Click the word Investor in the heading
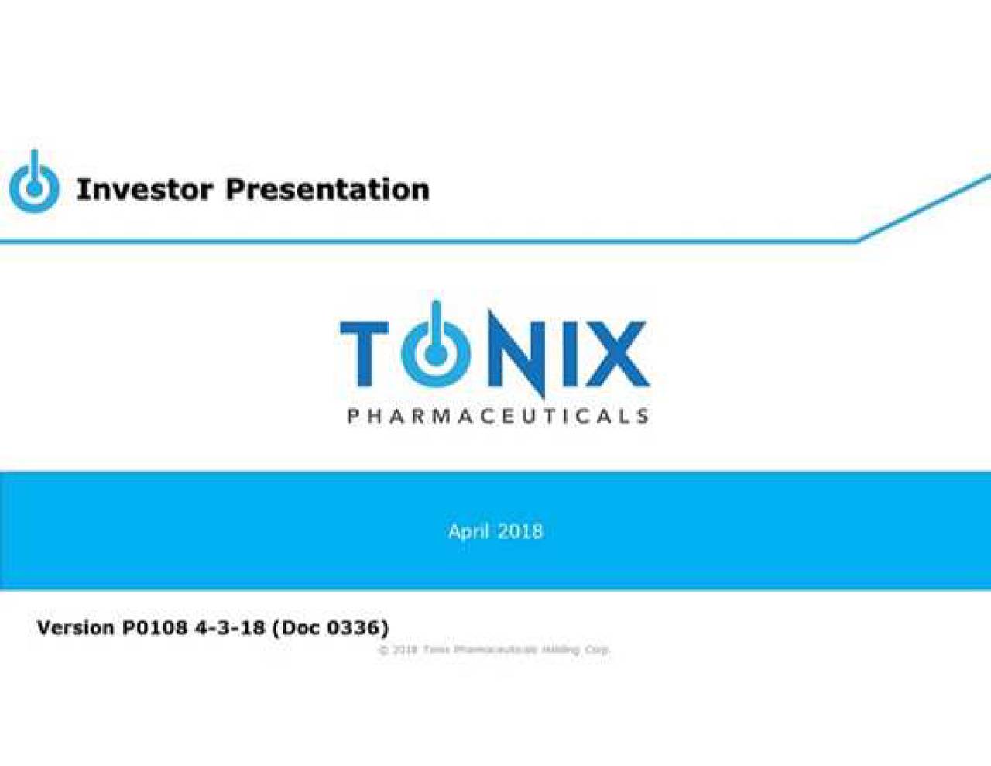(144, 189)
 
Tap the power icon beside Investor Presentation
(34, 184)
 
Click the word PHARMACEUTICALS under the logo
(497, 417)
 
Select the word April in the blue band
(468, 531)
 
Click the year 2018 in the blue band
(520, 531)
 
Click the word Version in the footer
(75, 627)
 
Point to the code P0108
(155, 627)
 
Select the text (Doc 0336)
(330, 627)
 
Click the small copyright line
(494, 650)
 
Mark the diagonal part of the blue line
(925, 208)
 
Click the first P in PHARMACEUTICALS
(353, 417)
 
